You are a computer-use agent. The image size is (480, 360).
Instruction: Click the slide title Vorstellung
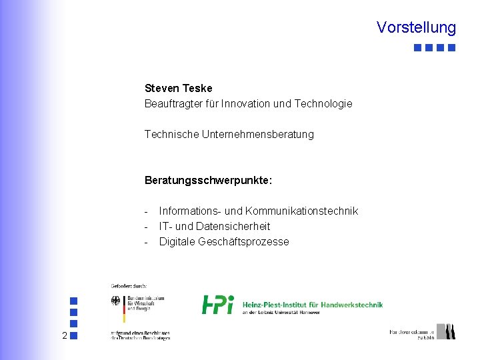pyautogui.click(x=416, y=27)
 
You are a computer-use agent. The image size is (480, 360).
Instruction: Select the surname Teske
pyautogui.click(x=197, y=88)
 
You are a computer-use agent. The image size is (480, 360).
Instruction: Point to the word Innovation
pyautogui.click(x=246, y=103)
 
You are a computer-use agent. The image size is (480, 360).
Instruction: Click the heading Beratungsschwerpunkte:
pyautogui.click(x=208, y=180)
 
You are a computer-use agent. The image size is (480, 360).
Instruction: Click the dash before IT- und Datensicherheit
pyautogui.click(x=147, y=226)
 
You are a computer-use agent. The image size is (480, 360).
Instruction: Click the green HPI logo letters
pyautogui.click(x=217, y=304)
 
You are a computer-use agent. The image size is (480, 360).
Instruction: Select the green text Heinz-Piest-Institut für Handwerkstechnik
pyautogui.click(x=312, y=305)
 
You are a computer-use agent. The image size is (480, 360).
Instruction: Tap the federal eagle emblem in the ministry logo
pyautogui.click(x=116, y=301)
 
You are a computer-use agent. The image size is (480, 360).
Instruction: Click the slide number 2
pyautogui.click(x=64, y=335)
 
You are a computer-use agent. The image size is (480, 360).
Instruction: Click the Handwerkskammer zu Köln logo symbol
pyautogui.click(x=449, y=331)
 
